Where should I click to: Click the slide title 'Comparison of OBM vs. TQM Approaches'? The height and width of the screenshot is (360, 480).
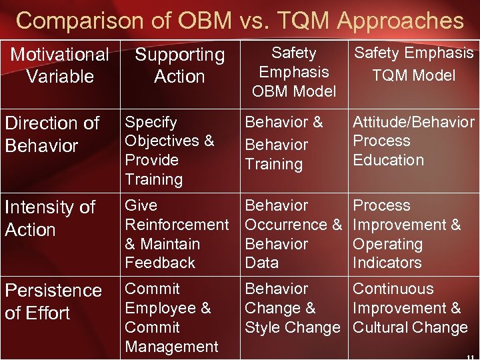click(x=240, y=21)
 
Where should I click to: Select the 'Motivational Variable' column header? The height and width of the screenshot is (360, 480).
click(x=60, y=65)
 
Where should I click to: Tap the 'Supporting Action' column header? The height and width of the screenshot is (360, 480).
click(x=179, y=65)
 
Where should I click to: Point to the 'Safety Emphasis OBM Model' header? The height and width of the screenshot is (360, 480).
click(x=294, y=71)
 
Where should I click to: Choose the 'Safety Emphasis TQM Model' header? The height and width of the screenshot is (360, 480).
click(x=414, y=64)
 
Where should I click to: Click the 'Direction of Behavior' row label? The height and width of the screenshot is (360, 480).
click(x=52, y=134)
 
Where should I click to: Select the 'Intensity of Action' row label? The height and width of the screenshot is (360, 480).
click(x=50, y=218)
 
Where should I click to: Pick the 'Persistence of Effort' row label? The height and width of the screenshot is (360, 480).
click(x=53, y=301)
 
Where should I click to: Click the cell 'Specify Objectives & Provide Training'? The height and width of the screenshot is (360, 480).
click(x=170, y=151)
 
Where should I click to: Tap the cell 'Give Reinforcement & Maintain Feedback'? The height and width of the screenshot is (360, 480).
click(x=177, y=234)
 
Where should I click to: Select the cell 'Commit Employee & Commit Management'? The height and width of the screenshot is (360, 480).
click(x=172, y=317)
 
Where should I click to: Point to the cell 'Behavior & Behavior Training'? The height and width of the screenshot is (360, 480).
click(x=284, y=143)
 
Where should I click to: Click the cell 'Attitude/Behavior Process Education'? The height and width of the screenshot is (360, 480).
click(x=413, y=141)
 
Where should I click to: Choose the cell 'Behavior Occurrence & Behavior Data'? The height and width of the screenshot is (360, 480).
click(x=293, y=234)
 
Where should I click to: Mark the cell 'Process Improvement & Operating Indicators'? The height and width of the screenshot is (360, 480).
click(x=407, y=234)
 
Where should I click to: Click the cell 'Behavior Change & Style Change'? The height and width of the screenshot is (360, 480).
click(x=292, y=308)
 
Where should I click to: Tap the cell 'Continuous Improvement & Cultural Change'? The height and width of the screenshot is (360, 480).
click(x=410, y=308)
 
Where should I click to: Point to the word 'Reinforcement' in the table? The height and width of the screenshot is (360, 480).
click(x=177, y=225)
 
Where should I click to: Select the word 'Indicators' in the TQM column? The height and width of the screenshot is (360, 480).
click(x=387, y=263)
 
